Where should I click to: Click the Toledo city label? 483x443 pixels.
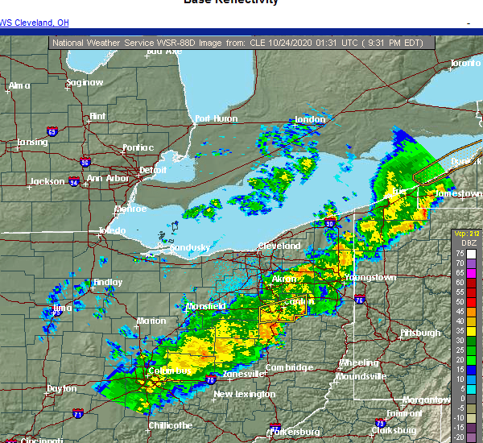click(112, 230)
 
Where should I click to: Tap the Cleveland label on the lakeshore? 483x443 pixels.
click(279, 246)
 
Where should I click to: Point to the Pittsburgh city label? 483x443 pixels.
click(421, 332)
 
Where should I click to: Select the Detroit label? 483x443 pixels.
click(152, 170)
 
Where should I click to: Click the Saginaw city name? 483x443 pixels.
click(85, 82)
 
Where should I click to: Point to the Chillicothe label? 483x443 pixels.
click(170, 424)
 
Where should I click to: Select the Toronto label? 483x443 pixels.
click(464, 63)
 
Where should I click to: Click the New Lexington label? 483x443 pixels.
click(245, 394)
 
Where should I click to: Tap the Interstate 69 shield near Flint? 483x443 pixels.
click(52, 131)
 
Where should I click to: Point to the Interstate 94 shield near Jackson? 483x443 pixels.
click(76, 183)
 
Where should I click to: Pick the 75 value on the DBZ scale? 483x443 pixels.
click(459, 254)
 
